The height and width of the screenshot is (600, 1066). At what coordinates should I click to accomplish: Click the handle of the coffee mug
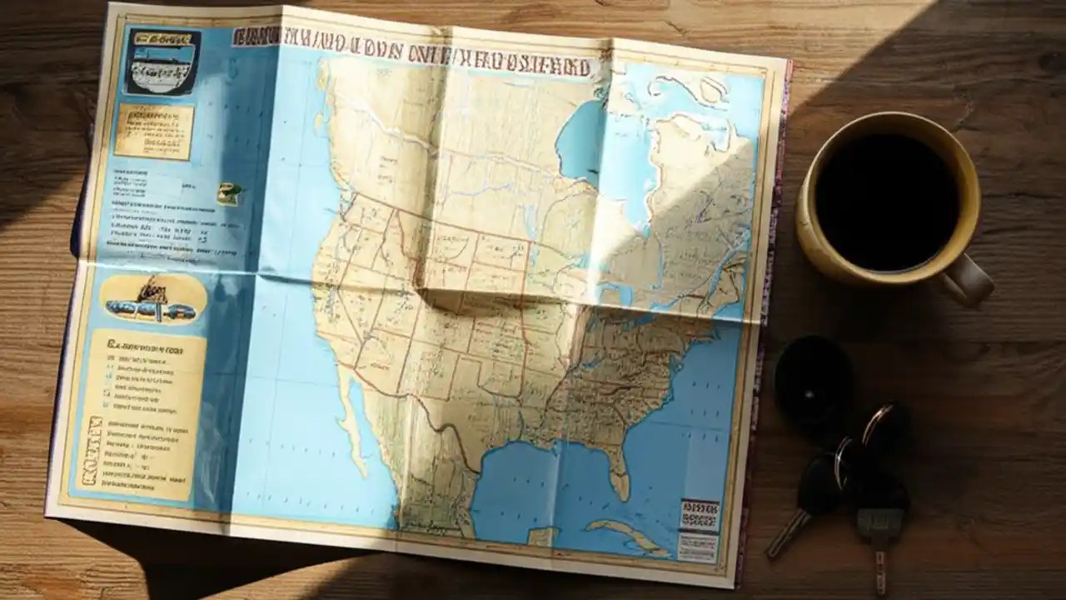pyautogui.click(x=969, y=279)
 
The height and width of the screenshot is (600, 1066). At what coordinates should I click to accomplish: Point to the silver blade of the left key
pyautogui.click(x=787, y=533)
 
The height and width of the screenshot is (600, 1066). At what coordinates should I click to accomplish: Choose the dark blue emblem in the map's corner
pyautogui.click(x=162, y=61)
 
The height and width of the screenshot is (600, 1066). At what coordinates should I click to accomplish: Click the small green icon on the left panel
pyautogui.click(x=228, y=192)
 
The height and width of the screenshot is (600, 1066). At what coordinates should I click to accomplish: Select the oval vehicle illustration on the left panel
pyautogui.click(x=153, y=299)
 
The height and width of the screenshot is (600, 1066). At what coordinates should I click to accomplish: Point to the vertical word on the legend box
pyautogui.click(x=89, y=450)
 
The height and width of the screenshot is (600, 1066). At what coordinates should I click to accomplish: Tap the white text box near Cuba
pyautogui.click(x=697, y=546)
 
